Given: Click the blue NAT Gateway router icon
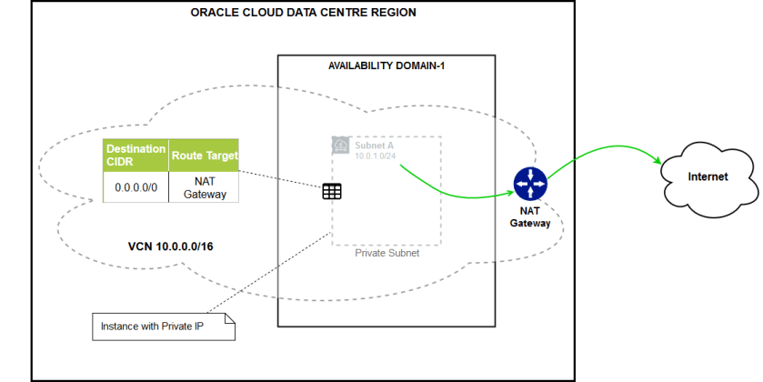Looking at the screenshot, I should [x=528, y=185].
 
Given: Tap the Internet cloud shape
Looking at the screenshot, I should [x=708, y=176].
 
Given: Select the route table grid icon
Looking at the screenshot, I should [x=332, y=191].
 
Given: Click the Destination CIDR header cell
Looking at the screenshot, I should [x=136, y=156].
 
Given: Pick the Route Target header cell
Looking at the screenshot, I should [x=205, y=156].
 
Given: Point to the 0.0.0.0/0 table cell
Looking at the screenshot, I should [x=136, y=188].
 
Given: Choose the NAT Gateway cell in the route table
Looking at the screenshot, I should [x=205, y=188].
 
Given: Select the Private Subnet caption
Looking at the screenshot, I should [x=387, y=255].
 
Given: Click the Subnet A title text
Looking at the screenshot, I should [x=375, y=143].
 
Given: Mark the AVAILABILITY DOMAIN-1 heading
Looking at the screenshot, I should [x=386, y=66].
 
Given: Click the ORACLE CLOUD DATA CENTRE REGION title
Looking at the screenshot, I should [x=304, y=13].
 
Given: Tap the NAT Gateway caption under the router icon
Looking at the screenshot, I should [x=529, y=217].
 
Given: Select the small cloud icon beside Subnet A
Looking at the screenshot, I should [x=340, y=146].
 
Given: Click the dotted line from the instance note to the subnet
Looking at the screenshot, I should [x=264, y=273].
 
